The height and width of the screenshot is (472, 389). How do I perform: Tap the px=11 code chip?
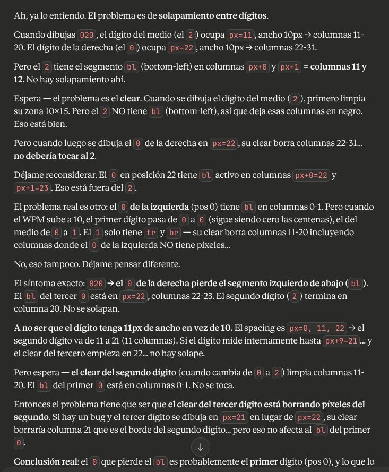click(x=240, y=35)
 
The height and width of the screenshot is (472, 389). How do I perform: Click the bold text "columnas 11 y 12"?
click(x=338, y=67)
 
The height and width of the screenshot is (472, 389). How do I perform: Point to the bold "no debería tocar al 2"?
click(x=55, y=156)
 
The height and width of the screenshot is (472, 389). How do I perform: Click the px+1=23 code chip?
click(x=32, y=188)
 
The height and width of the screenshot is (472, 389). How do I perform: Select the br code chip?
click(x=174, y=233)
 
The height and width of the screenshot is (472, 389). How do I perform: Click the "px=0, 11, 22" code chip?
click(x=316, y=328)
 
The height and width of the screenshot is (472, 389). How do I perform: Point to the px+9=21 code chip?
click(x=340, y=341)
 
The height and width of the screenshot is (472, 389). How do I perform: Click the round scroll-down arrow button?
click(x=200, y=447)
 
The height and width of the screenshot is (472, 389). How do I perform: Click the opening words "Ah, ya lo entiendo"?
click(x=49, y=16)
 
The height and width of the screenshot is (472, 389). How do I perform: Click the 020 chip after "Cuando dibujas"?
click(x=86, y=35)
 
